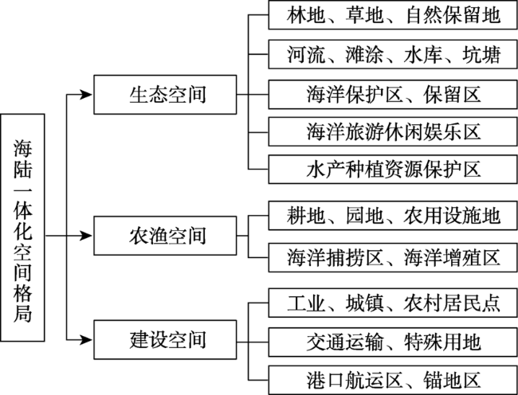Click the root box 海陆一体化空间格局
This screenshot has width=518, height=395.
(22, 228)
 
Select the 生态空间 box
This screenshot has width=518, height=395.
(165, 95)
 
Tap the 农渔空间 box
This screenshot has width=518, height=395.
(165, 236)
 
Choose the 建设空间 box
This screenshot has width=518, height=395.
(165, 339)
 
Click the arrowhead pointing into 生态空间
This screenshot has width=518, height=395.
(87, 95)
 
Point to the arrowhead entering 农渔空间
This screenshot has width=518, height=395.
(87, 236)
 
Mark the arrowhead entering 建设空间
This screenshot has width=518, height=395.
(87, 339)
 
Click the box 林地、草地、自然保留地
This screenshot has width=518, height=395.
(393, 15)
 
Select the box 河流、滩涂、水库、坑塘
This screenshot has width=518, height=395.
(393, 54)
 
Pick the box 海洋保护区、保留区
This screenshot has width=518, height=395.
(393, 95)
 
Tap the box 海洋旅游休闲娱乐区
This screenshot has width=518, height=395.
(393, 131)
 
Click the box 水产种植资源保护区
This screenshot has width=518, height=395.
(393, 170)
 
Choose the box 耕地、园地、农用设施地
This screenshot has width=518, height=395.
(393, 216)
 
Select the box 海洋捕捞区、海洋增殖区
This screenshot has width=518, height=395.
(393, 257)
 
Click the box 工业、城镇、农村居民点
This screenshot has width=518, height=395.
(393, 303)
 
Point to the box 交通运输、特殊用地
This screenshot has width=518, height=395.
(393, 342)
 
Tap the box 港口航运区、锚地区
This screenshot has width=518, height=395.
(393, 380)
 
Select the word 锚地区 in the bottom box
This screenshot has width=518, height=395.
(452, 380)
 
